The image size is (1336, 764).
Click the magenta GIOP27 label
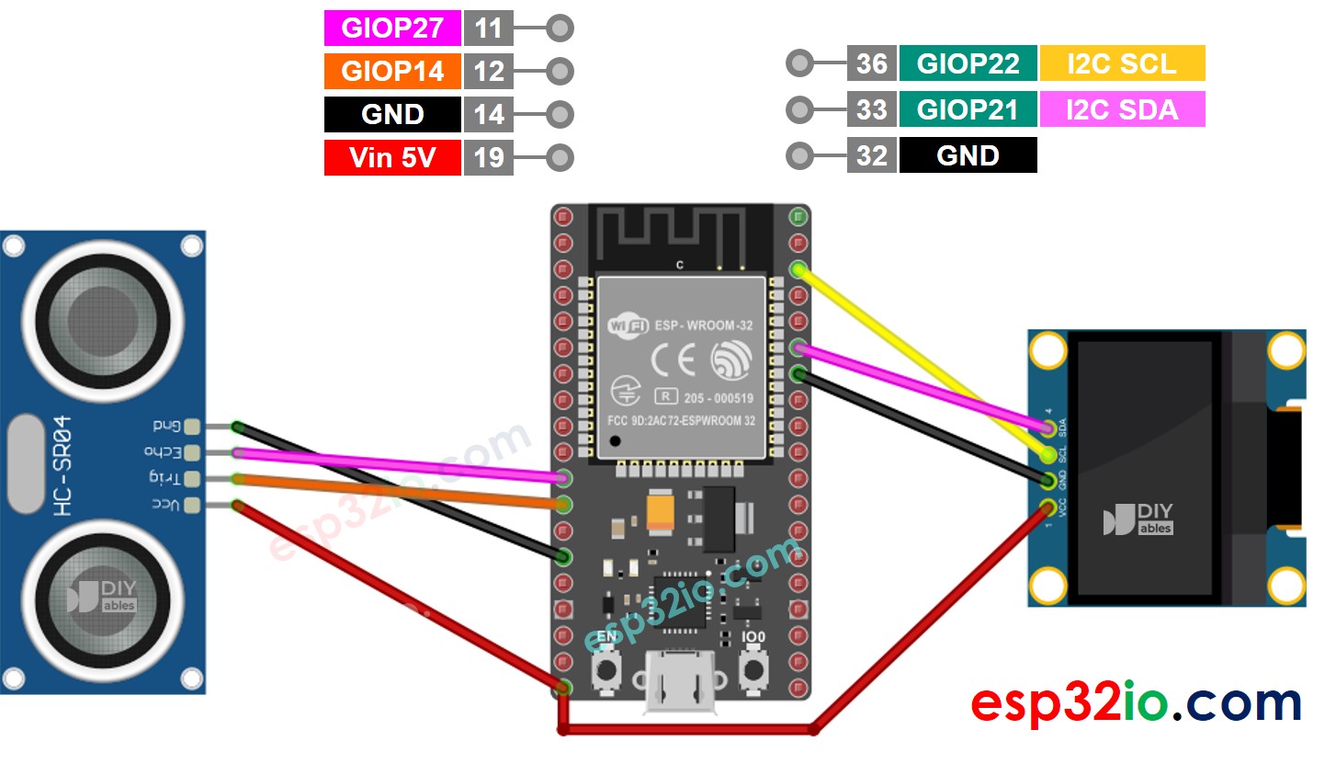point(392,29)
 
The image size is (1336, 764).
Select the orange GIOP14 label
point(392,71)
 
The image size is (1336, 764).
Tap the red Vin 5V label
point(392,157)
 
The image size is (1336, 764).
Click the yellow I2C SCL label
point(1121,63)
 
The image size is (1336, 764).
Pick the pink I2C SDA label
point(1121,109)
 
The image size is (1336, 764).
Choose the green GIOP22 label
point(968,63)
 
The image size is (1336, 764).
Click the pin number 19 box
point(488,157)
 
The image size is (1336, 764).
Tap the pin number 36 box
point(871,63)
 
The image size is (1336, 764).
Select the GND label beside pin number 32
point(968,155)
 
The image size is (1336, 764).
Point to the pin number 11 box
point(488,29)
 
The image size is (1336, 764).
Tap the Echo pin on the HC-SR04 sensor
point(191,452)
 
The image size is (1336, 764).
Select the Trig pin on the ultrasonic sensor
point(191,478)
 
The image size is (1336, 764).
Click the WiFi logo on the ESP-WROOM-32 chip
point(628,325)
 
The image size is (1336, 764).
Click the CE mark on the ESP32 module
point(673,359)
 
